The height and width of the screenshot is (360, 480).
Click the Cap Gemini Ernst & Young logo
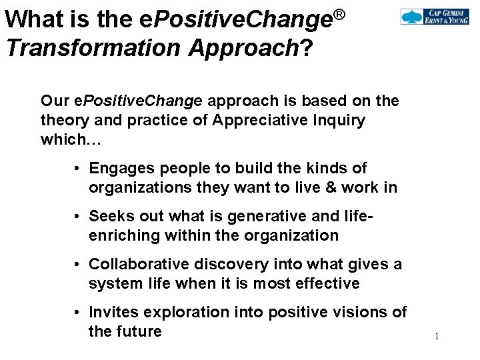(434, 17)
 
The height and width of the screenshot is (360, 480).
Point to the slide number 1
(437, 337)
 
